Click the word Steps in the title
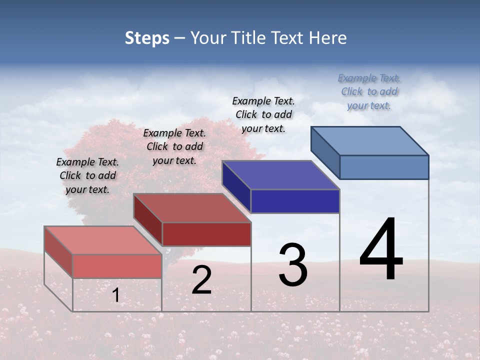point(147,38)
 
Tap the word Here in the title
point(327,38)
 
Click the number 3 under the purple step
point(293,265)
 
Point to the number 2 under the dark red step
point(201,280)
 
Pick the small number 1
point(115,295)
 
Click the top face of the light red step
point(103,240)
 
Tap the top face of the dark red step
point(192,207)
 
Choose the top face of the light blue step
point(370,141)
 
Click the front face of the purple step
point(295,201)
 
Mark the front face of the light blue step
point(384,167)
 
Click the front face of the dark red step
point(206,234)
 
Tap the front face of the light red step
point(117,266)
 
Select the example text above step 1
point(87,175)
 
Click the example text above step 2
point(174,146)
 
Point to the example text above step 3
point(263,114)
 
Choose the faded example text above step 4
point(369,91)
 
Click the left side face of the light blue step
point(325,152)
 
